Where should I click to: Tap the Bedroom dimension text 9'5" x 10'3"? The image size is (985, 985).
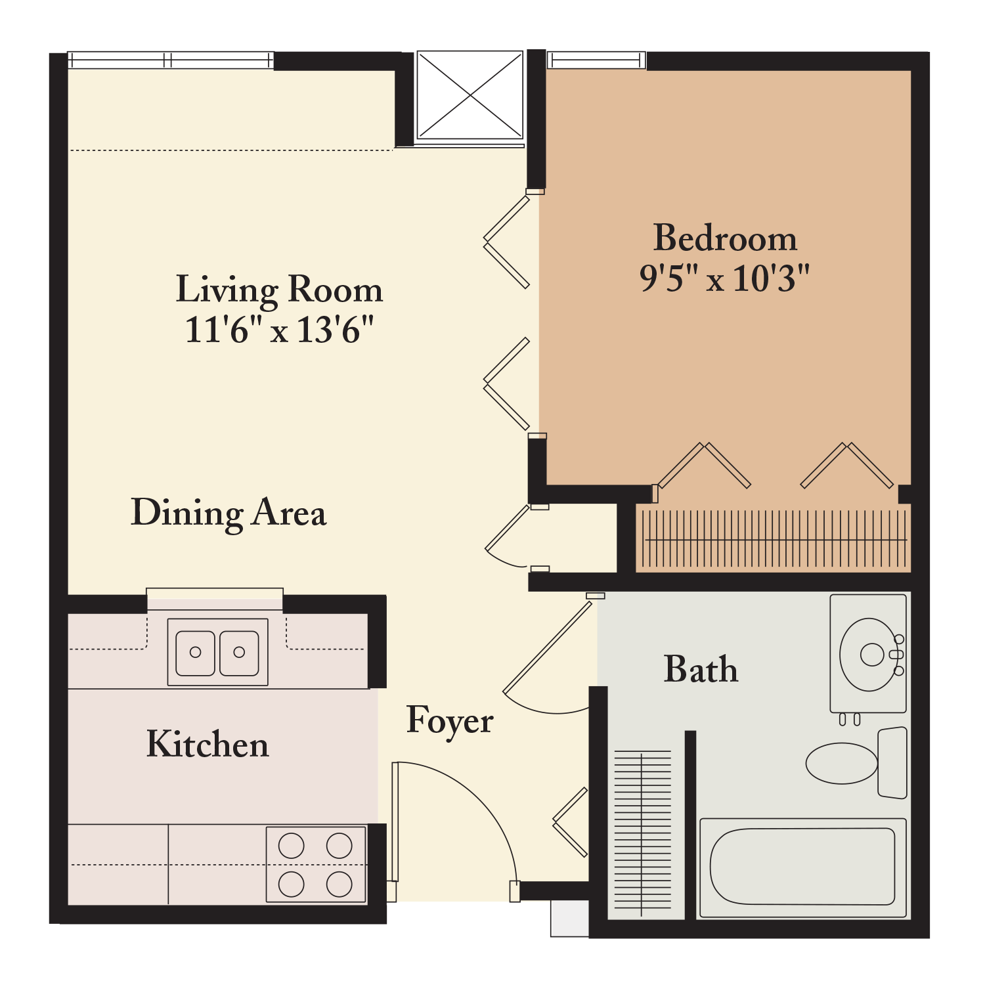[x=725, y=278]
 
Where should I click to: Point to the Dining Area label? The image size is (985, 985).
[x=229, y=514]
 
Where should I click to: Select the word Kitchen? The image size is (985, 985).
[x=208, y=744]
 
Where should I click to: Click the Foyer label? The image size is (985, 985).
[x=450, y=721]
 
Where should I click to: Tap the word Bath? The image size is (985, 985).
[x=701, y=669]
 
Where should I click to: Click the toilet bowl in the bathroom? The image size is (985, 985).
[x=842, y=763]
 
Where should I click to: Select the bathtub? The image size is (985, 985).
[x=803, y=867]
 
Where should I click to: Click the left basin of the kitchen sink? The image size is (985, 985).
[x=195, y=653]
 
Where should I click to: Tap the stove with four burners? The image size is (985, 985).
[x=316, y=864]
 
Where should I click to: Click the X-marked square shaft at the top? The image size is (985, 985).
[x=470, y=96]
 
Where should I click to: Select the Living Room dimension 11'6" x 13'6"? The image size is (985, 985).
[x=279, y=330]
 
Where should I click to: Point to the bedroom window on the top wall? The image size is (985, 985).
[x=596, y=60]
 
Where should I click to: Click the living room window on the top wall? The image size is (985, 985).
[x=171, y=60]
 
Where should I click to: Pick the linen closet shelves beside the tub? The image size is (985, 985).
[x=642, y=834]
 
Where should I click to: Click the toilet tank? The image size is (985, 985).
[x=892, y=762]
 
